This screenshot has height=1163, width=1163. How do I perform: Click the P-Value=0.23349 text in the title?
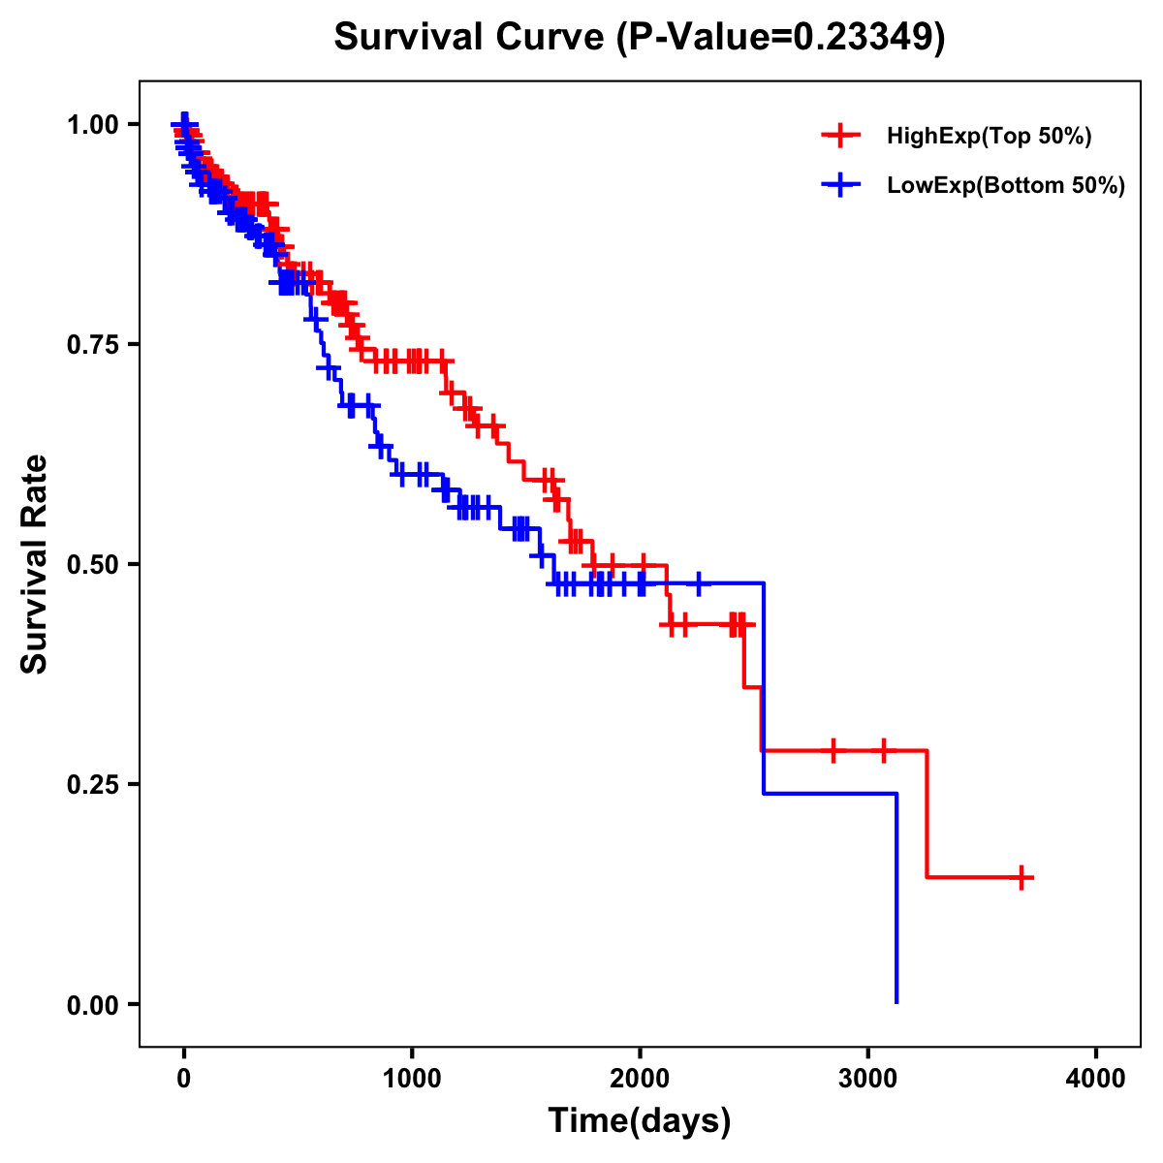(781, 37)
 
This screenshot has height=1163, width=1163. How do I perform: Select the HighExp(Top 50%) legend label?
(989, 137)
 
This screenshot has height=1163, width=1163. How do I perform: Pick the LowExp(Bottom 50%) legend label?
(1006, 186)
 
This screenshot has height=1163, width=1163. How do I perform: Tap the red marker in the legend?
(840, 136)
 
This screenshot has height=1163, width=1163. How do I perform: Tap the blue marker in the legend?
(840, 185)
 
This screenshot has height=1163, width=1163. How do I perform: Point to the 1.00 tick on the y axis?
(93, 124)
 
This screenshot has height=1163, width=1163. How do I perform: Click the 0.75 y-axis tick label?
(93, 344)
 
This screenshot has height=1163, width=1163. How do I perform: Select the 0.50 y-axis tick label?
(93, 564)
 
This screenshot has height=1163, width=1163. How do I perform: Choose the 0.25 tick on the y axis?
(93, 784)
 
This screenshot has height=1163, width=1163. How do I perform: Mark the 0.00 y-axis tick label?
(93, 1004)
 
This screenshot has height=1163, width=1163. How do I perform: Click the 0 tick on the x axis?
(184, 1079)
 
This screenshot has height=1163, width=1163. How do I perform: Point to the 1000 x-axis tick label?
(412, 1079)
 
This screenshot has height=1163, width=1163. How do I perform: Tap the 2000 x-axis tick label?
(640, 1079)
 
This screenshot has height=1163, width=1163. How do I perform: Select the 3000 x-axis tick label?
(867, 1079)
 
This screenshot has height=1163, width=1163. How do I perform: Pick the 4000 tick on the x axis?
(1095, 1079)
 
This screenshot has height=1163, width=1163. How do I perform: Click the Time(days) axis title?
(640, 1121)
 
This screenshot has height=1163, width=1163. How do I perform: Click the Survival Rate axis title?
(35, 564)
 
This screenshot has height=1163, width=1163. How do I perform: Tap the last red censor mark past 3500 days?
(1022, 877)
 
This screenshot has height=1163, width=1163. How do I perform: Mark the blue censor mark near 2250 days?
(698, 584)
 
